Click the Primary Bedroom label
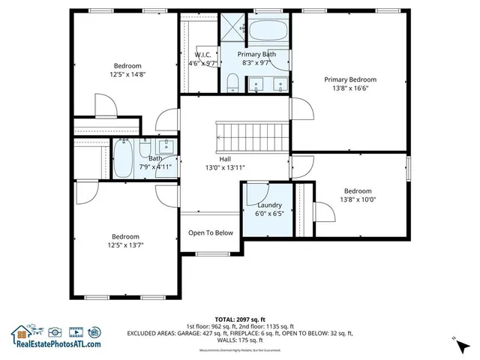pyautogui.click(x=349, y=79)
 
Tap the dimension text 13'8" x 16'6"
pyautogui.click(x=349, y=88)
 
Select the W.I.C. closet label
pyautogui.click(x=203, y=55)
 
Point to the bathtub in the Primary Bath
pyautogui.click(x=266, y=31)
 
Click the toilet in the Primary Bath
pyautogui.click(x=233, y=82)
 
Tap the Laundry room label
pyautogui.click(x=269, y=205)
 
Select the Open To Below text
pyautogui.click(x=211, y=232)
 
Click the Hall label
pyautogui.click(x=225, y=159)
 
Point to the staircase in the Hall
pyautogui.click(x=253, y=136)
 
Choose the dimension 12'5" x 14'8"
pyautogui.click(x=127, y=74)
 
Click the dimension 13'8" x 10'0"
pyautogui.click(x=358, y=199)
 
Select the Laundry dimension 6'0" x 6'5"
pyautogui.click(x=269, y=214)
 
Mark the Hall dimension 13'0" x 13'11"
pyautogui.click(x=225, y=168)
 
